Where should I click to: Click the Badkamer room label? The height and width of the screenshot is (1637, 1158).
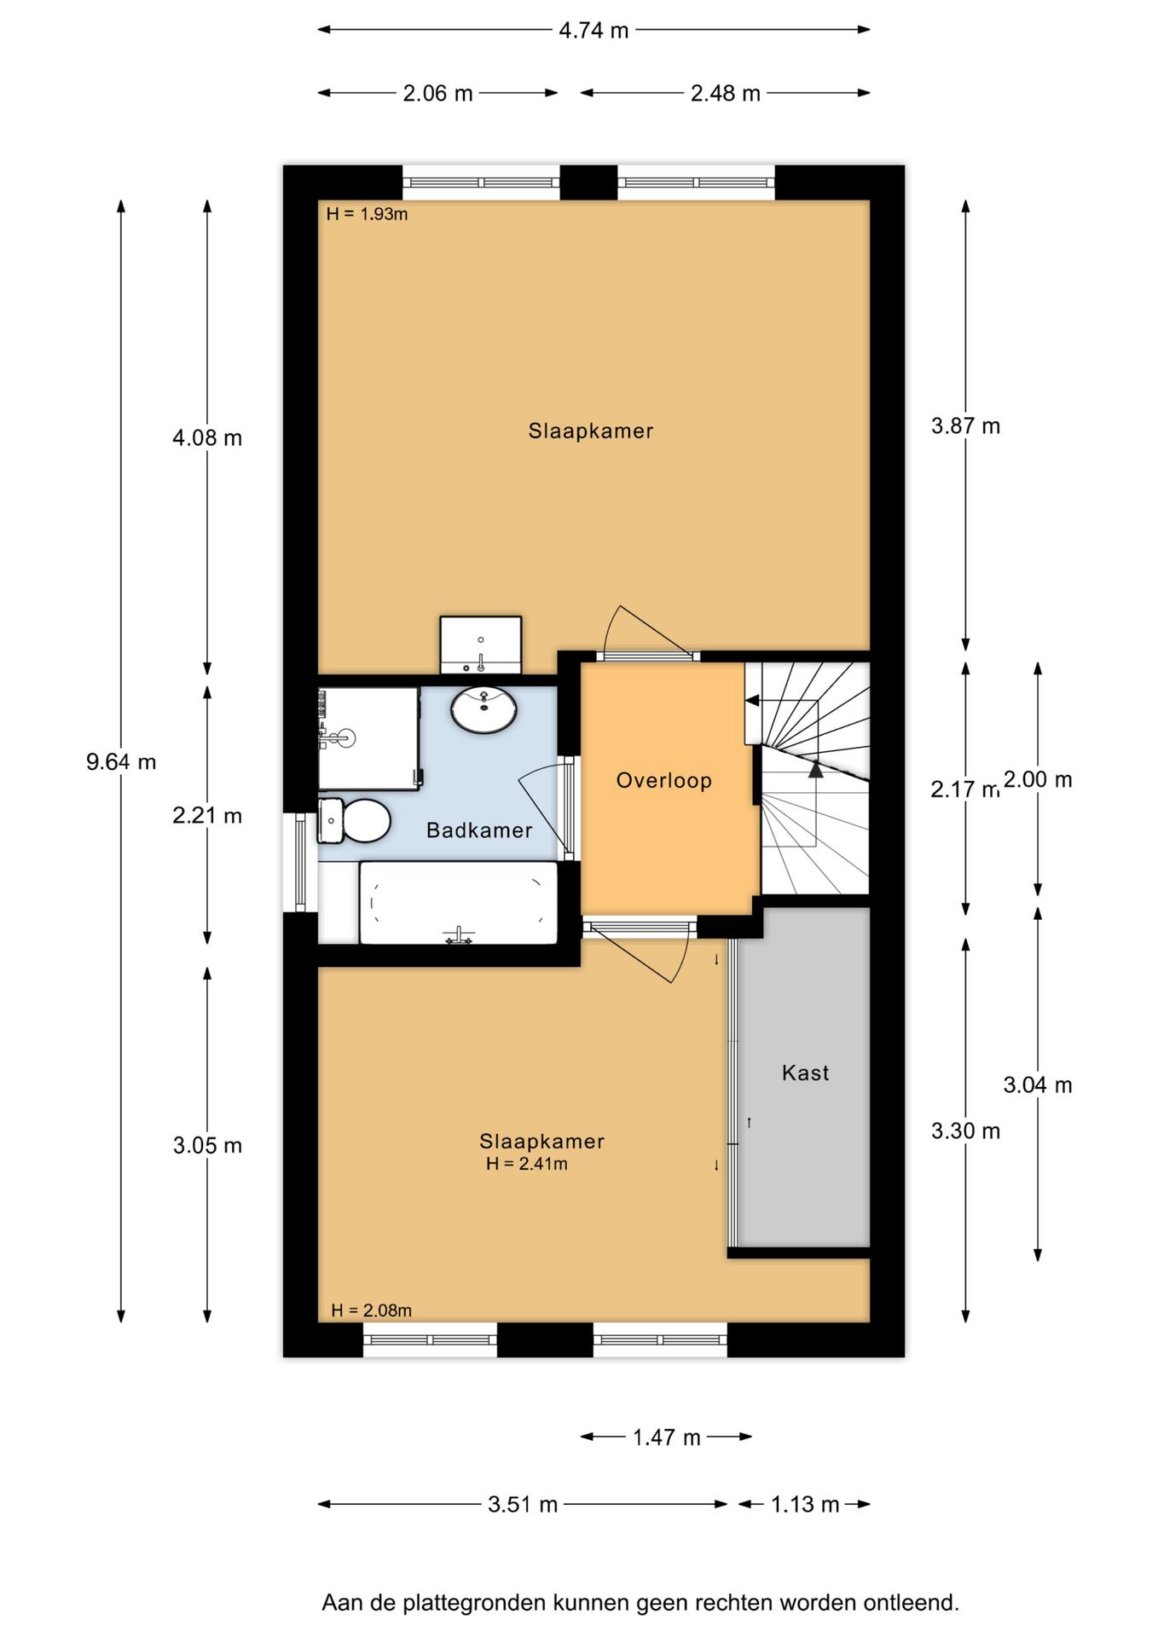(x=479, y=830)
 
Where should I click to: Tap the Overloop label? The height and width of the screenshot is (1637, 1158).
(x=664, y=780)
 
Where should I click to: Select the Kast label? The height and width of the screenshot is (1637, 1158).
(x=806, y=1073)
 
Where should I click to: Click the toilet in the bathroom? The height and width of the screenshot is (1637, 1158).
(x=354, y=820)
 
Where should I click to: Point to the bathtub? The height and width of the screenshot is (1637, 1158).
(x=458, y=903)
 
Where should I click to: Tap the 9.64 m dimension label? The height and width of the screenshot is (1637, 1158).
(x=121, y=761)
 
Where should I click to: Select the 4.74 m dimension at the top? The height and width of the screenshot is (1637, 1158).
(x=593, y=31)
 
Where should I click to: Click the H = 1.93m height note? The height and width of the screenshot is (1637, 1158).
(x=367, y=214)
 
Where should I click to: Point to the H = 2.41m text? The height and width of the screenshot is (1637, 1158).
(x=527, y=1164)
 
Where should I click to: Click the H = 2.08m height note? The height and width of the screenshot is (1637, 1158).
(x=371, y=1310)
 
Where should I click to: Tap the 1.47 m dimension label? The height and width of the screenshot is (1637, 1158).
(x=667, y=1438)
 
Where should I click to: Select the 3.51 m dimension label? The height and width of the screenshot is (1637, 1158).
(x=523, y=1505)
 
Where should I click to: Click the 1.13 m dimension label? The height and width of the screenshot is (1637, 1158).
(x=805, y=1505)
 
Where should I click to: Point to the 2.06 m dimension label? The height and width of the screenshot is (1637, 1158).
(x=437, y=94)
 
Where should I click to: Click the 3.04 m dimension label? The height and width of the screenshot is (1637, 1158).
(x=1038, y=1085)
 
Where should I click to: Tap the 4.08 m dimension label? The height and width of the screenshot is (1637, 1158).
(x=207, y=437)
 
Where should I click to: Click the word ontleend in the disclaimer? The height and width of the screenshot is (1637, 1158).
(x=912, y=1603)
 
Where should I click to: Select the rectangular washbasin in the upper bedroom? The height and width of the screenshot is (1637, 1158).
(x=481, y=645)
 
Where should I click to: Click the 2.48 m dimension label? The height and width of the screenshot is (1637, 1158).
(x=726, y=94)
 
